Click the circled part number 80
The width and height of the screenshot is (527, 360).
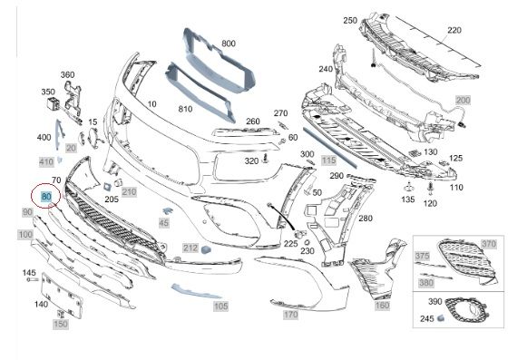tap(45, 196)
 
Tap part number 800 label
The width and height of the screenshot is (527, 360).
tap(229, 44)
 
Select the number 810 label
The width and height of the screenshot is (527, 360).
tap(185, 109)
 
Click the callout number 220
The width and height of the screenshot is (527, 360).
tap(454, 30)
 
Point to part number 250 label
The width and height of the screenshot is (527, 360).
tap(350, 21)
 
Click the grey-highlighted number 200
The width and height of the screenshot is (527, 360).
tap(464, 100)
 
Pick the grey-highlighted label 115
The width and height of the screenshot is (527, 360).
tap(328, 161)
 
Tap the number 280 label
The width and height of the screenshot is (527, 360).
tap(366, 219)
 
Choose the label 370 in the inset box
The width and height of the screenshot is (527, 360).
tap(489, 244)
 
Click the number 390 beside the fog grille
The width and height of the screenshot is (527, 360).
tap(434, 302)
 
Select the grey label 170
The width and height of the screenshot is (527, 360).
tap(290, 315)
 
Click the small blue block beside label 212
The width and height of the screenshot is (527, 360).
tap(206, 249)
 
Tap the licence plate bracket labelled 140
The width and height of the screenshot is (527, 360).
tap(62, 295)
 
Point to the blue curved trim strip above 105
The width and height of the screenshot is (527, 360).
tap(196, 291)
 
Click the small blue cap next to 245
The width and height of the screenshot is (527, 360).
tap(441, 318)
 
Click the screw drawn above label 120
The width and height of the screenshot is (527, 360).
tap(431, 189)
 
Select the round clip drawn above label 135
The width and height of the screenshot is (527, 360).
tap(408, 187)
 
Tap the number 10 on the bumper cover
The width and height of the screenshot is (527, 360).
tap(151, 104)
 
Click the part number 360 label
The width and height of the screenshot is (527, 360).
tap(67, 74)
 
